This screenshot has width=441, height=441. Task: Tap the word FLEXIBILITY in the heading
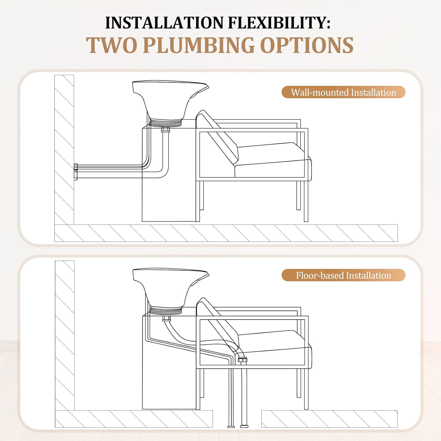coord(279,23)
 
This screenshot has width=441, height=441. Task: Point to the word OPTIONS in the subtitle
coord(307,45)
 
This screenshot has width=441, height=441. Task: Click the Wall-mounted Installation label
coord(343,92)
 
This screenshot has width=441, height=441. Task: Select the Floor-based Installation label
coord(343,275)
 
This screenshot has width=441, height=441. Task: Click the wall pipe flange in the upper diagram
coord(76,172)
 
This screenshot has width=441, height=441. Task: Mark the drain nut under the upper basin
coord(166,130)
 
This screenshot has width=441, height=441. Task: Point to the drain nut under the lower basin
coord(166,318)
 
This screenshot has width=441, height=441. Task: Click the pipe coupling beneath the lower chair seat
coord(242,360)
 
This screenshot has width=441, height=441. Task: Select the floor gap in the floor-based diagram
coord(237,419)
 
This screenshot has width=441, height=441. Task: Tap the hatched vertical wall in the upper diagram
coord(64,150)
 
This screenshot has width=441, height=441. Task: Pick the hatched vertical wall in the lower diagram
coord(65,335)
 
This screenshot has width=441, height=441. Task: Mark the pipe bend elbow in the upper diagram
coord(163,173)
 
